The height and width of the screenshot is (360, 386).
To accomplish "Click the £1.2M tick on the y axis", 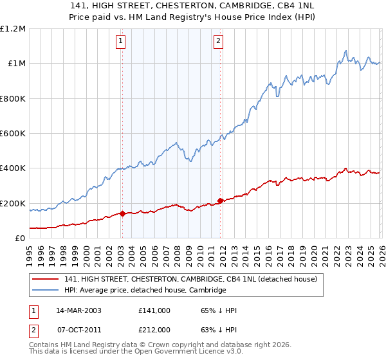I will (13, 29).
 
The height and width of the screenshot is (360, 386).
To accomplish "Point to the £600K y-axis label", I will (13, 134).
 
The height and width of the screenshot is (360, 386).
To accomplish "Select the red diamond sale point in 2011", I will (220, 201).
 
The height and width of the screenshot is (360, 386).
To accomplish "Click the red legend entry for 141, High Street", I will (190, 280).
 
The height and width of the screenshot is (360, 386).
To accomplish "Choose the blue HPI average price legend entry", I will (145, 291).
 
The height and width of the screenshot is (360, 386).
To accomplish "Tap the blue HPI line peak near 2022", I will (346, 51).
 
